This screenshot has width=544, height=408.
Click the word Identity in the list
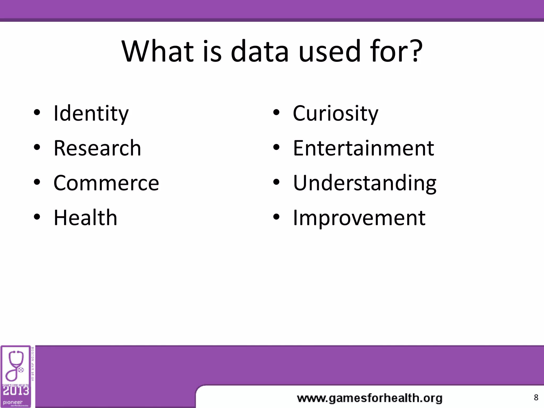[91, 113]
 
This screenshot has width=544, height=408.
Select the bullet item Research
[97, 148]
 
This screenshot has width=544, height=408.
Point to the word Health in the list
[85, 218]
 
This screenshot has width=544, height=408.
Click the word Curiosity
[335, 113]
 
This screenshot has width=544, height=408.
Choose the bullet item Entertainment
[363, 148]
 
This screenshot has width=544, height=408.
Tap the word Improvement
[359, 218]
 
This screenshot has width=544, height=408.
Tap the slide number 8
[536, 397]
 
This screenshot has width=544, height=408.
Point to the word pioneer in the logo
[13, 402]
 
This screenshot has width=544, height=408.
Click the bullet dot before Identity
[37, 113]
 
